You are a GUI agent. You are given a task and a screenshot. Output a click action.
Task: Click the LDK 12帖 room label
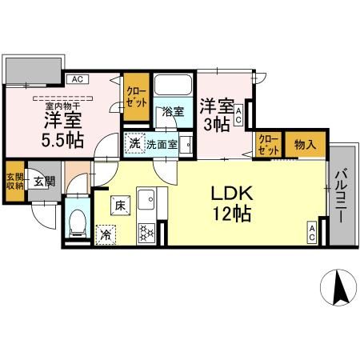tap(232, 202)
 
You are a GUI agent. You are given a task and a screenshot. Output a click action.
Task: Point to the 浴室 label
tap(172, 111)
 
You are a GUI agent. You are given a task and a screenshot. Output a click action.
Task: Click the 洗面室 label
tap(161, 145)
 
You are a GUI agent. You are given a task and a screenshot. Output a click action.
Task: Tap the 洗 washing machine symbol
tap(134, 144)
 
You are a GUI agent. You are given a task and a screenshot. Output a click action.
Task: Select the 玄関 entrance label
tap(42, 182)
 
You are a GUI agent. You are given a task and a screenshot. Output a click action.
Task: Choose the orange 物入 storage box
tap(304, 145)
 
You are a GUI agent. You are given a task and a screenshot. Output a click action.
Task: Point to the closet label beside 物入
tap(268, 145)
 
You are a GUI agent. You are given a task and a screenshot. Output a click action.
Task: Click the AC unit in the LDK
tap(311, 233)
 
